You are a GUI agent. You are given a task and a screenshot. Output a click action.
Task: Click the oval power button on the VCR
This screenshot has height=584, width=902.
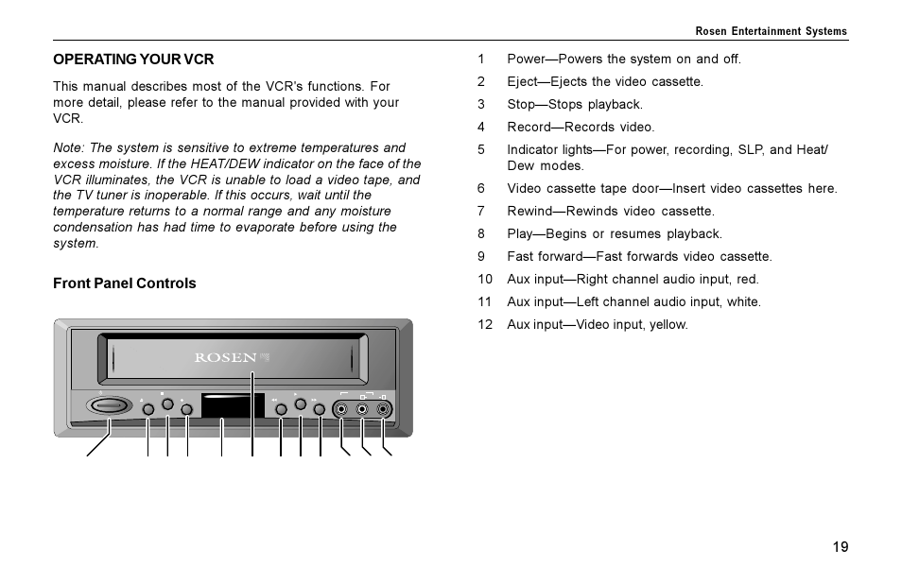click(x=110, y=406)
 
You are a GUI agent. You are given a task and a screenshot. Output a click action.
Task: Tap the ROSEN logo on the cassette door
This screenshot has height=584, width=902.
click(x=226, y=358)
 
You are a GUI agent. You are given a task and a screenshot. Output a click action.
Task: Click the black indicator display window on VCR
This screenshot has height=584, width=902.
click(x=233, y=407)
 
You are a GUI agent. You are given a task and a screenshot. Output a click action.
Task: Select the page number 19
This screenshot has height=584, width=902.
click(x=841, y=547)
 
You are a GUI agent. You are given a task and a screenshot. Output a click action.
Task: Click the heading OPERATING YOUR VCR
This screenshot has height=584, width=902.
click(x=133, y=60)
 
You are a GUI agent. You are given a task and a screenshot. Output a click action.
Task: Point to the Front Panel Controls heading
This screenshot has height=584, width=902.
click(x=125, y=283)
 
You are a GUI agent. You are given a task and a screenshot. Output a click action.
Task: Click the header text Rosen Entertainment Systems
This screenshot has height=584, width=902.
click(x=771, y=31)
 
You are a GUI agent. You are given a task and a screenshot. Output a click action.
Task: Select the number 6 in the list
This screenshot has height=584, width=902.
click(x=481, y=188)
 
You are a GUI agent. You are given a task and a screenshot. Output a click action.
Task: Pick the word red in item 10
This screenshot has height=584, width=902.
click(x=747, y=279)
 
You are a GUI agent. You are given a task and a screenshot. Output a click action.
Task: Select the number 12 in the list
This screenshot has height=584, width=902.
click(x=485, y=324)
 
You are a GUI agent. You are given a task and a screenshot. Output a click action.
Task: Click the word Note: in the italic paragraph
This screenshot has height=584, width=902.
click(x=69, y=148)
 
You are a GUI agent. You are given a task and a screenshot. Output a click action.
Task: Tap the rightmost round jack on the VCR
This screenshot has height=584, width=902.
click(x=382, y=409)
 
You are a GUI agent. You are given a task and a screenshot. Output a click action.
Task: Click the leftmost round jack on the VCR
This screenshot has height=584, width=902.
click(x=341, y=409)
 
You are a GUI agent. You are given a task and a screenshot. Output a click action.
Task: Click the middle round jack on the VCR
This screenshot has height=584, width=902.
click(x=362, y=409)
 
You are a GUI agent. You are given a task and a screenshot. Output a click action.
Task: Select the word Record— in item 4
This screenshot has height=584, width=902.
click(x=535, y=127)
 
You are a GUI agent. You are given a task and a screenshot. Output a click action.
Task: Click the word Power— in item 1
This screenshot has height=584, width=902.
click(x=533, y=59)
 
